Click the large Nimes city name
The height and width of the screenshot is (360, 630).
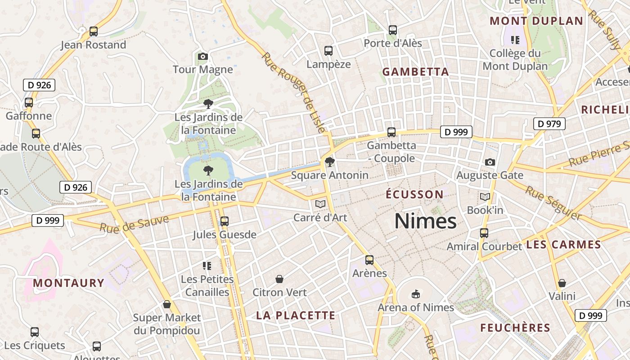[x=425, y=221]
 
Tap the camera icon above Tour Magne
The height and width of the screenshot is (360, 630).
[x=203, y=56]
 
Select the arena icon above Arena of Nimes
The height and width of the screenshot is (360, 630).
[x=415, y=294]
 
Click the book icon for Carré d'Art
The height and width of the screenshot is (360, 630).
[x=320, y=204]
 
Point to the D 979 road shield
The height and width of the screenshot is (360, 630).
[x=549, y=124]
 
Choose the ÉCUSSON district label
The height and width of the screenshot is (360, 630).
[x=414, y=194]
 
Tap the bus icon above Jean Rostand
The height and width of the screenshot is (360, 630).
[x=94, y=31]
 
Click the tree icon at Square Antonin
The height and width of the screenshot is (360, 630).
[x=330, y=162]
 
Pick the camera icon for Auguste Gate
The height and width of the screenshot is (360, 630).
[x=490, y=162]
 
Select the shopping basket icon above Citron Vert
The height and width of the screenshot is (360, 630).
[x=279, y=279]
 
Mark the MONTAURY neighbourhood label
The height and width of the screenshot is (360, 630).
[x=68, y=283]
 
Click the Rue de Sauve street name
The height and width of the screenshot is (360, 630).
[x=134, y=224]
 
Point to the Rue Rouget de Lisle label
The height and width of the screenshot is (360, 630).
[x=293, y=93]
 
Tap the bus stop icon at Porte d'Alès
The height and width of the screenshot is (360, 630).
[x=393, y=30]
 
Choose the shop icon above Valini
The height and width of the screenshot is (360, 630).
[x=562, y=283]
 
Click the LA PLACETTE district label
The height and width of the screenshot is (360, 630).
[x=296, y=315]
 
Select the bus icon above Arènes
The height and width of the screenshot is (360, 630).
[x=369, y=260]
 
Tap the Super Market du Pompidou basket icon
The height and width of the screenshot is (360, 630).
[x=167, y=304]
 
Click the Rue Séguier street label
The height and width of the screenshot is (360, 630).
[x=553, y=203]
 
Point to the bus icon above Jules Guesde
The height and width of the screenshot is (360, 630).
[x=224, y=221]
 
